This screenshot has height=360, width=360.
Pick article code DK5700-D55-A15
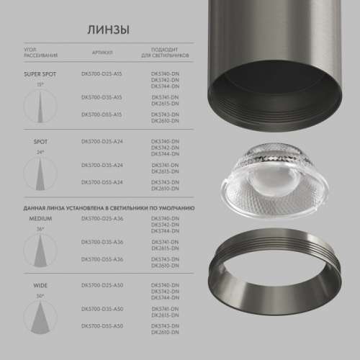tap(102, 114)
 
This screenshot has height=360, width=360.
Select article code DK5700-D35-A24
tap(102, 165)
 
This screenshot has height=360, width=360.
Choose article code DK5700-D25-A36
tap(102, 217)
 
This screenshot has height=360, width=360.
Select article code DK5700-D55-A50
tap(102, 327)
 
